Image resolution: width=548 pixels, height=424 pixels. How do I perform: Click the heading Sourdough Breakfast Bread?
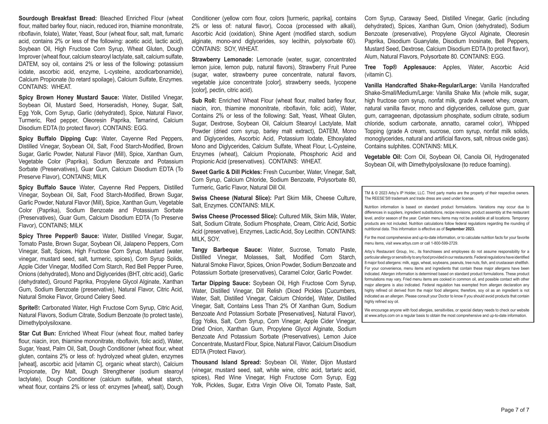pyautogui.click(x=58, y=19)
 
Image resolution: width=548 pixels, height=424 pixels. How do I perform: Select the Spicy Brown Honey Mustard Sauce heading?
pyautogui.click(x=69, y=98)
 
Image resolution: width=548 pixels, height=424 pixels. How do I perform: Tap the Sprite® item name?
pyautogui.click(x=29, y=308)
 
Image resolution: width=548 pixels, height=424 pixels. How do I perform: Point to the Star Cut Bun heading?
pyautogui.click(x=37, y=334)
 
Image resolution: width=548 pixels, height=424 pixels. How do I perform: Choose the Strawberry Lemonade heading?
pyautogui.click(x=222, y=60)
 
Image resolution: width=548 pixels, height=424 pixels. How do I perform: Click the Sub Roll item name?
pyautogui.click(x=204, y=101)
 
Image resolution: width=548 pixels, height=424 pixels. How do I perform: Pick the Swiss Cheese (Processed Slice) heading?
pyautogui.click(x=234, y=217)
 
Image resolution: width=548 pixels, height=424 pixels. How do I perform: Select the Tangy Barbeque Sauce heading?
pyautogui.click(x=227, y=250)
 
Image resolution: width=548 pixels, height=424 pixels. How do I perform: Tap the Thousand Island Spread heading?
pyautogui.click(x=226, y=363)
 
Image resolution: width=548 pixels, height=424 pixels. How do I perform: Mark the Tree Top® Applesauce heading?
pyautogui.click(x=400, y=67)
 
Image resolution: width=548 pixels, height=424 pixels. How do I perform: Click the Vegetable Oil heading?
pyautogui.click(x=383, y=157)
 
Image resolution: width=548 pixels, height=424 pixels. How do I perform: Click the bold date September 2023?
pyautogui.click(x=460, y=229)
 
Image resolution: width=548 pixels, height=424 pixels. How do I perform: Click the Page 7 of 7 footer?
pyautogui.click(x=515, y=410)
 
